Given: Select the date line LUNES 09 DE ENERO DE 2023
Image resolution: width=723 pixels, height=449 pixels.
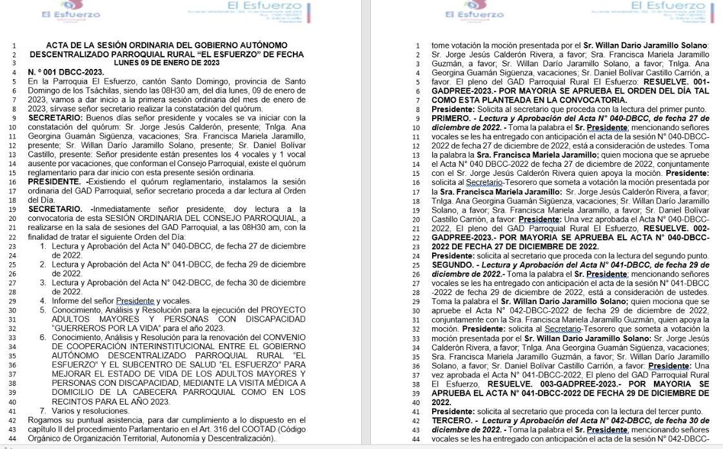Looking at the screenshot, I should tap(166, 63).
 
